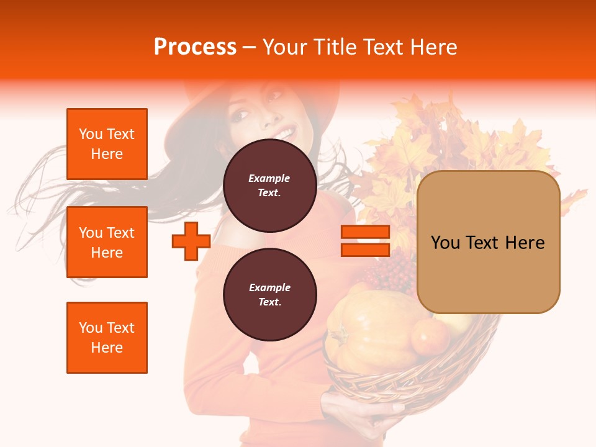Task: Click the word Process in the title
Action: [x=195, y=47]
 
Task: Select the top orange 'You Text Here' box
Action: [x=107, y=144]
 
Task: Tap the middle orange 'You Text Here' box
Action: [x=107, y=242]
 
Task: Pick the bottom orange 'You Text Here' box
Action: [x=107, y=338]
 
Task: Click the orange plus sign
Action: [x=191, y=241]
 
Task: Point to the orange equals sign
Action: [x=365, y=241]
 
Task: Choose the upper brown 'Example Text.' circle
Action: [x=270, y=185]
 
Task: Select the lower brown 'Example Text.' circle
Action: [x=270, y=294]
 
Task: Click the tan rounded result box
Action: [x=488, y=242]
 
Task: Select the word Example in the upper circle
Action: [x=269, y=178]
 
